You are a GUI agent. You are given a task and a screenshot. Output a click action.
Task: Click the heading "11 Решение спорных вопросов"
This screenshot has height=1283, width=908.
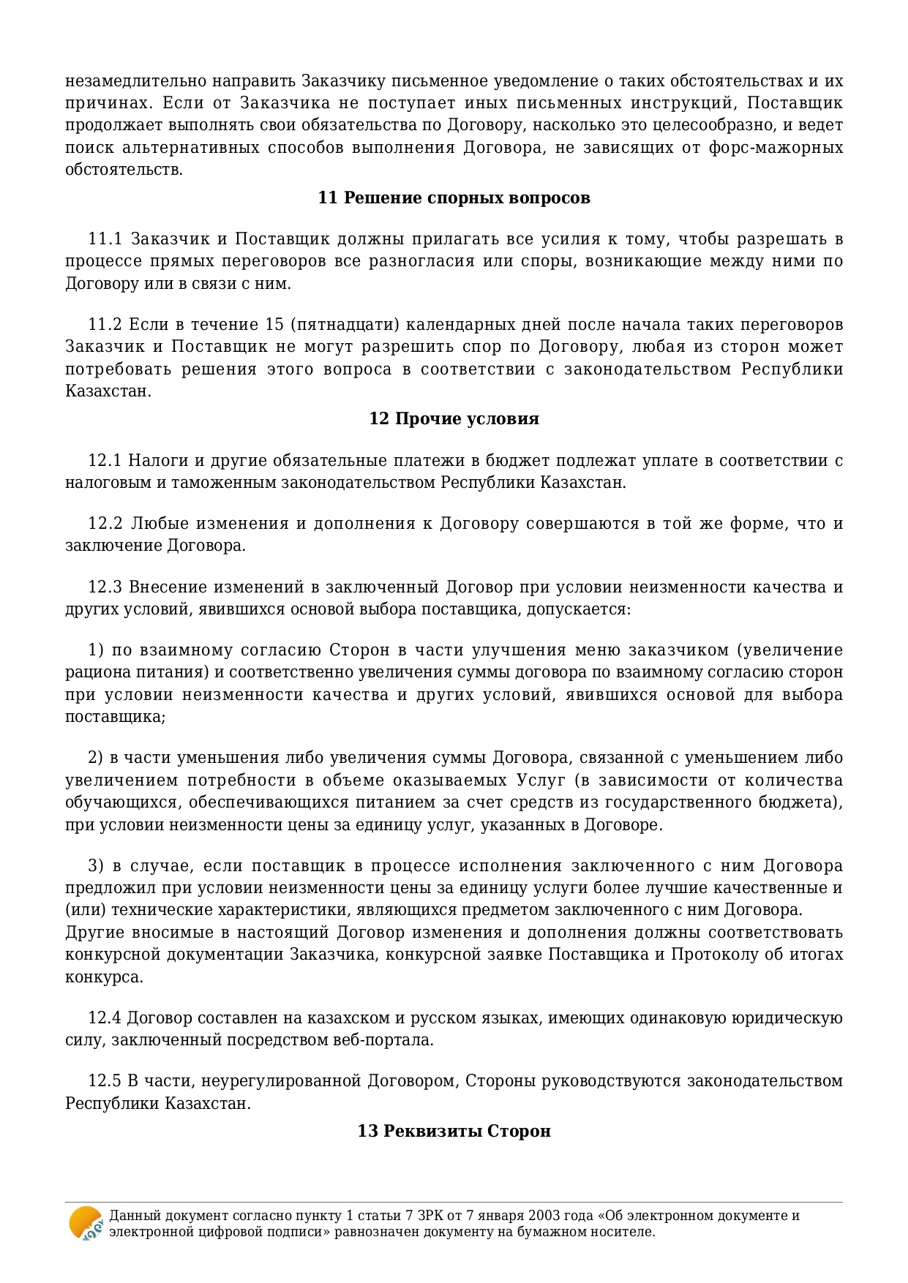point(454,198)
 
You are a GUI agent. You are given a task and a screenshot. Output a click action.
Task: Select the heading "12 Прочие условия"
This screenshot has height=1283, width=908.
point(454,419)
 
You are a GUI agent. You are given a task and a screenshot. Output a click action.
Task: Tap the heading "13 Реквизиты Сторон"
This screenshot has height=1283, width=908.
point(454,1131)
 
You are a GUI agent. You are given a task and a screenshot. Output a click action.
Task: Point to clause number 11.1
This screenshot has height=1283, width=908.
point(104,239)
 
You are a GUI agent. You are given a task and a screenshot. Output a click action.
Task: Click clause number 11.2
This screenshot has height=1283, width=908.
point(104,325)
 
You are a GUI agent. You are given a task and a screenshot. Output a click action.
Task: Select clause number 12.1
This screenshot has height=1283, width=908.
point(104,461)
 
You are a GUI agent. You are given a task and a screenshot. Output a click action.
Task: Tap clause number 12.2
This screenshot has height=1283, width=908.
point(105,524)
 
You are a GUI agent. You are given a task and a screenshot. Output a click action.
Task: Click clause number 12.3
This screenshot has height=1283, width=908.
point(104,587)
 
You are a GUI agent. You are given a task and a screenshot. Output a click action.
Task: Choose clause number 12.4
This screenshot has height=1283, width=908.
point(103,1018)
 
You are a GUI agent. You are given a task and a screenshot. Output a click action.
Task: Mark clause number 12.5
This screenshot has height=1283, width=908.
point(103,1081)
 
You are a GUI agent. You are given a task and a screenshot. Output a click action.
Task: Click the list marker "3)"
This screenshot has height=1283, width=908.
point(96,866)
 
